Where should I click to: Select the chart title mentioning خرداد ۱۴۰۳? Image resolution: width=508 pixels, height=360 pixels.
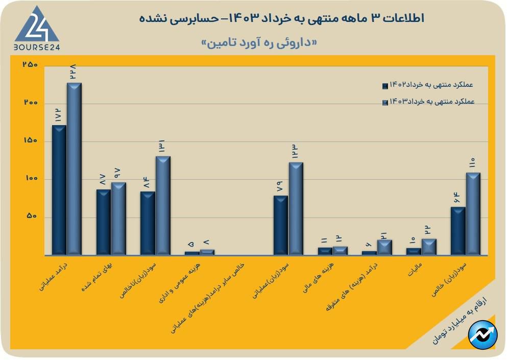[281, 18]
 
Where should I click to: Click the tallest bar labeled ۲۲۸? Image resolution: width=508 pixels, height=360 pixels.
[74, 169]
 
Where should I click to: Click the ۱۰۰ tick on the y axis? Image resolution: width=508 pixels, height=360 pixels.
[31, 179]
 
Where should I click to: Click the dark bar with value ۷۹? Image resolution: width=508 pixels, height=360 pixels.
[280, 225]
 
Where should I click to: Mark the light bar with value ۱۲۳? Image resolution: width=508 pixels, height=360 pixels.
[296, 208]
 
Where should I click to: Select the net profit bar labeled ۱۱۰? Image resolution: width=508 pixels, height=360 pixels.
[473, 213]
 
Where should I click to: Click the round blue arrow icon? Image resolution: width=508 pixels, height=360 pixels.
[482, 335]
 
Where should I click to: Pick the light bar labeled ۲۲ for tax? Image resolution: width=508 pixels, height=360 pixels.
[428, 247]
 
